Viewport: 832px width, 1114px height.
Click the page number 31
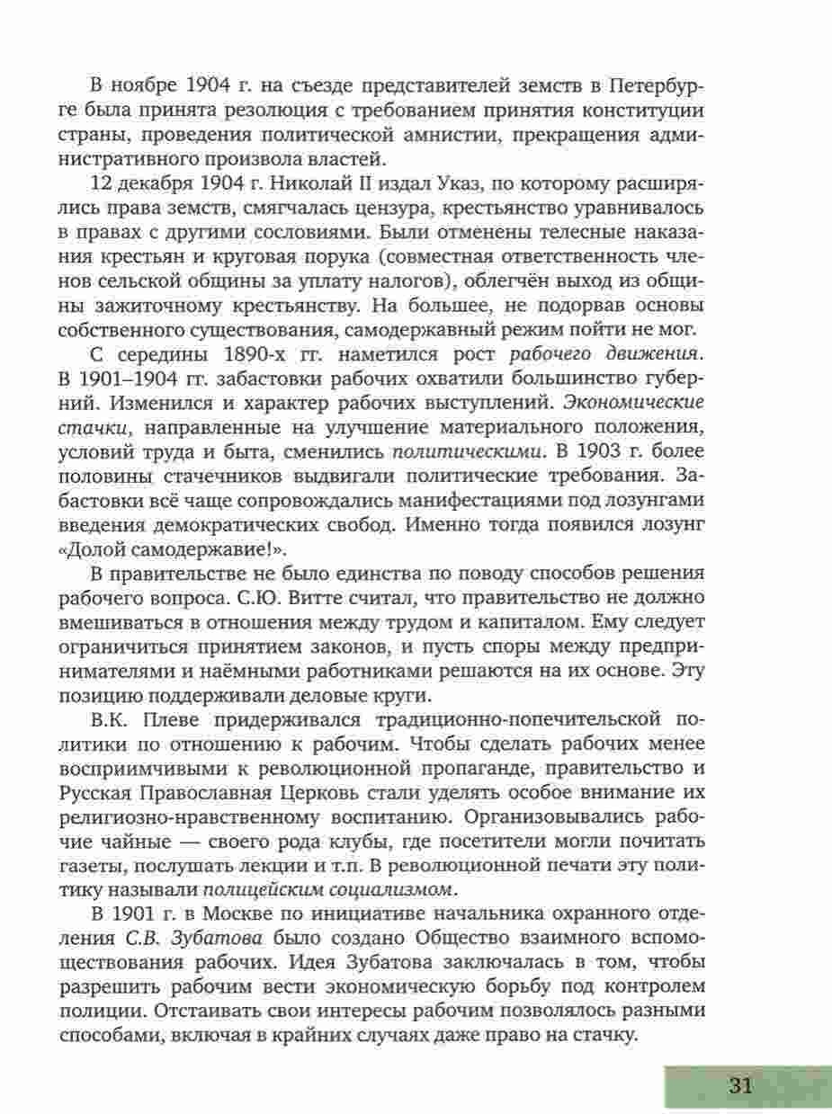coord(740,1085)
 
